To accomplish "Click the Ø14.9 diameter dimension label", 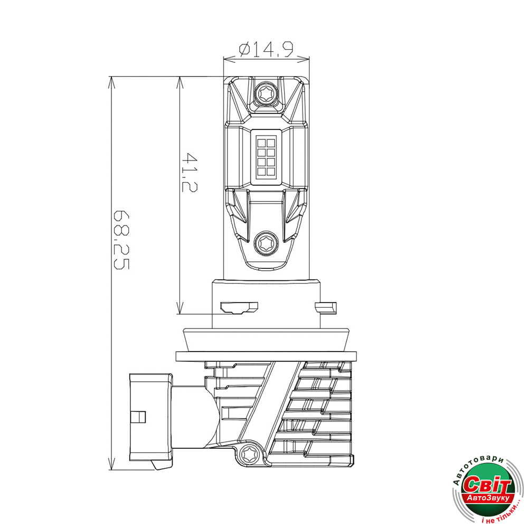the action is pos(266,49).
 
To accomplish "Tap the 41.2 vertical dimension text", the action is pos(189,172).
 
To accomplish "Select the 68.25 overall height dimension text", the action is pos(121,240).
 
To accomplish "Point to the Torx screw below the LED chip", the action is pos(266,242).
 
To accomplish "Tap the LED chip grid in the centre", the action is pos(266,157).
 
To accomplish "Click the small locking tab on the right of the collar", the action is pos(326,307).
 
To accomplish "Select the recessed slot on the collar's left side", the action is pos(239,307).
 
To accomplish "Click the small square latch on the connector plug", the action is pos(138,417).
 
